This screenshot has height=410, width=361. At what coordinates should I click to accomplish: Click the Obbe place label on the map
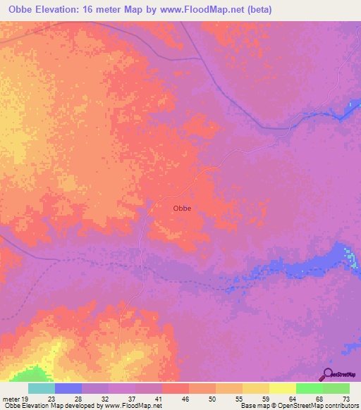click(182, 208)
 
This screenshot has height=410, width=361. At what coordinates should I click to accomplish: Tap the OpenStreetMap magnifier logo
click(327, 375)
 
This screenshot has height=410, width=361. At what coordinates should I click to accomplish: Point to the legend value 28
click(68, 397)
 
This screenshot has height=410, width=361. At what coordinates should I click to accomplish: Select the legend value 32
click(94, 397)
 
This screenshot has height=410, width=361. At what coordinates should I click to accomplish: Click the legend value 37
click(121, 397)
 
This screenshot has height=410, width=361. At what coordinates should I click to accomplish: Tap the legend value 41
click(148, 397)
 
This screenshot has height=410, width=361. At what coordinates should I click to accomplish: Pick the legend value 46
click(175, 397)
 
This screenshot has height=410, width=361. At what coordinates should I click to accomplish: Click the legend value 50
click(202, 397)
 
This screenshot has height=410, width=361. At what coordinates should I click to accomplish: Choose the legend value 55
click(228, 397)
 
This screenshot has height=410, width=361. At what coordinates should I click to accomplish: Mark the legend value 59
click(255, 397)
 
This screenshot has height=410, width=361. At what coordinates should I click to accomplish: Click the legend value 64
click(282, 397)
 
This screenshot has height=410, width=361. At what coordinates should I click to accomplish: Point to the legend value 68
click(309, 397)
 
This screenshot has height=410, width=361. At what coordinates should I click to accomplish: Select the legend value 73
click(336, 397)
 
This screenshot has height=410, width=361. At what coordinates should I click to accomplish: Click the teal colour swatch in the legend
click(42, 388)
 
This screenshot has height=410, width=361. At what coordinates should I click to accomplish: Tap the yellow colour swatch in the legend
click(283, 388)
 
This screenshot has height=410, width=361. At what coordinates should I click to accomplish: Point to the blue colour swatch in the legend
click(68, 388)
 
